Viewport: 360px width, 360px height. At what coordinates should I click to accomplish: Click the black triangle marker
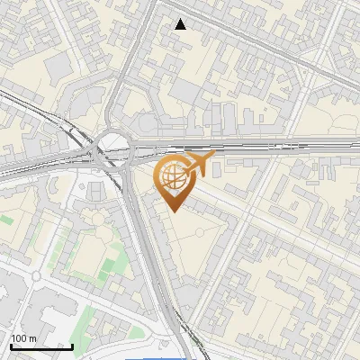(x=181, y=24)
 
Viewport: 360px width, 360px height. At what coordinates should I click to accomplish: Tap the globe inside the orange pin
(x=173, y=176)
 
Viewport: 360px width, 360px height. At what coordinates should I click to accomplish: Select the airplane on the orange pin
(x=199, y=165)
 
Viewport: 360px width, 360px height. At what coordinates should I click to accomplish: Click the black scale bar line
(x=41, y=346)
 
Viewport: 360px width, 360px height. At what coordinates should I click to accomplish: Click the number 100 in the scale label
(x=20, y=338)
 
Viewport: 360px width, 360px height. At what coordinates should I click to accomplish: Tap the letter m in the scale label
(x=33, y=338)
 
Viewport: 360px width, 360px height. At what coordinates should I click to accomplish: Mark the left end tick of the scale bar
(x=11, y=345)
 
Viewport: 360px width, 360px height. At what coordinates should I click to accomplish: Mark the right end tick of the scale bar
(x=72, y=345)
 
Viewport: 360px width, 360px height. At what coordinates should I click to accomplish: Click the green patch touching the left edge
(x=5, y=219)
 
